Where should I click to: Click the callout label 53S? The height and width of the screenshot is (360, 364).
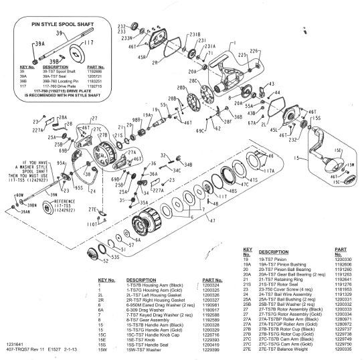(114, 257)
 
